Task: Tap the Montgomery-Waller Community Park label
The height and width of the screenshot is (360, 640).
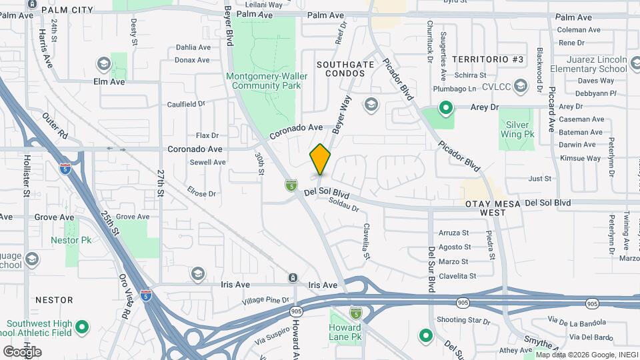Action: [267, 81]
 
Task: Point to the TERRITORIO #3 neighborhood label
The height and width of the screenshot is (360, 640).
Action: [487, 59]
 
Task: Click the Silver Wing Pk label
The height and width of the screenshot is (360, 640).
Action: [517, 129]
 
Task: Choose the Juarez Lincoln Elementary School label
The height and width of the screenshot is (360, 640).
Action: [589, 64]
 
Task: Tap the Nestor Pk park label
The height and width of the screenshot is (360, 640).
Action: [72, 240]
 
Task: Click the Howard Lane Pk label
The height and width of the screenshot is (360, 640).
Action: [345, 332]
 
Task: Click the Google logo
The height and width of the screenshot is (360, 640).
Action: [22, 351]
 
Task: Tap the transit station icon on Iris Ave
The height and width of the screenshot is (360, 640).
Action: [293, 277]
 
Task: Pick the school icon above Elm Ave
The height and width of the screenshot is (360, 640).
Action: [103, 64]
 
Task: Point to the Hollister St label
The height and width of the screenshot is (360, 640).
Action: [27, 177]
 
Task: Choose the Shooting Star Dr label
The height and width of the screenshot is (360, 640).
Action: [463, 320]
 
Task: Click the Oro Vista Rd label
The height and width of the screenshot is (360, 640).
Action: [124, 297]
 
